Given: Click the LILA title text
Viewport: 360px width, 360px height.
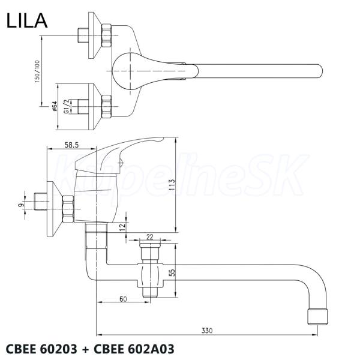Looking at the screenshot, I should pyautogui.click(x=26, y=22).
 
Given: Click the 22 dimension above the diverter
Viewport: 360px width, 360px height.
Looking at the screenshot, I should pyautogui.click(x=150, y=236).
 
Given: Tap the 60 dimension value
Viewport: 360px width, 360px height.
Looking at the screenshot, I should pyautogui.click(x=122, y=298).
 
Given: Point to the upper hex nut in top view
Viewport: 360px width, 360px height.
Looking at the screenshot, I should pyautogui.click(x=107, y=35).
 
